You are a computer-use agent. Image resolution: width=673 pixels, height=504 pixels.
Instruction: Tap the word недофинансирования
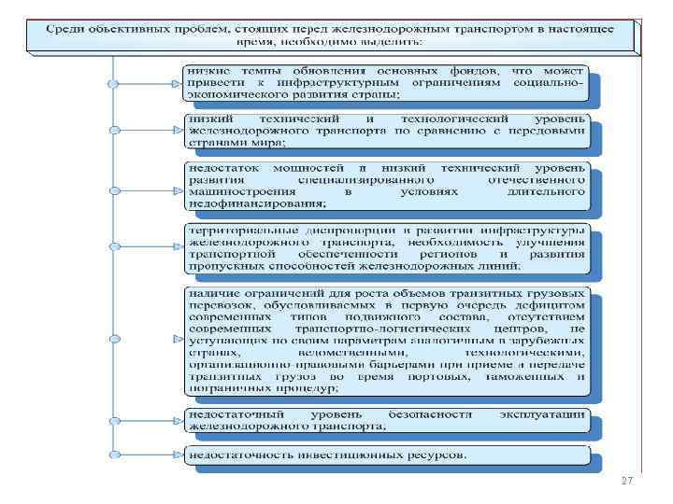tap(257, 203)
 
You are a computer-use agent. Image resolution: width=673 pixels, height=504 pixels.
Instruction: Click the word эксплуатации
tap(553, 413)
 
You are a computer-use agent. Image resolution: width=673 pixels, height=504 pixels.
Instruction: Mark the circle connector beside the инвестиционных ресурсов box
tap(113, 455)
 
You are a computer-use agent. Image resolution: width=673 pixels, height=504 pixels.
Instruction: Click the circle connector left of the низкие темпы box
tap(113, 82)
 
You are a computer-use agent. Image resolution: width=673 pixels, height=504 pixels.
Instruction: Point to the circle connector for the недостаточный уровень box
tap(113, 419)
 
